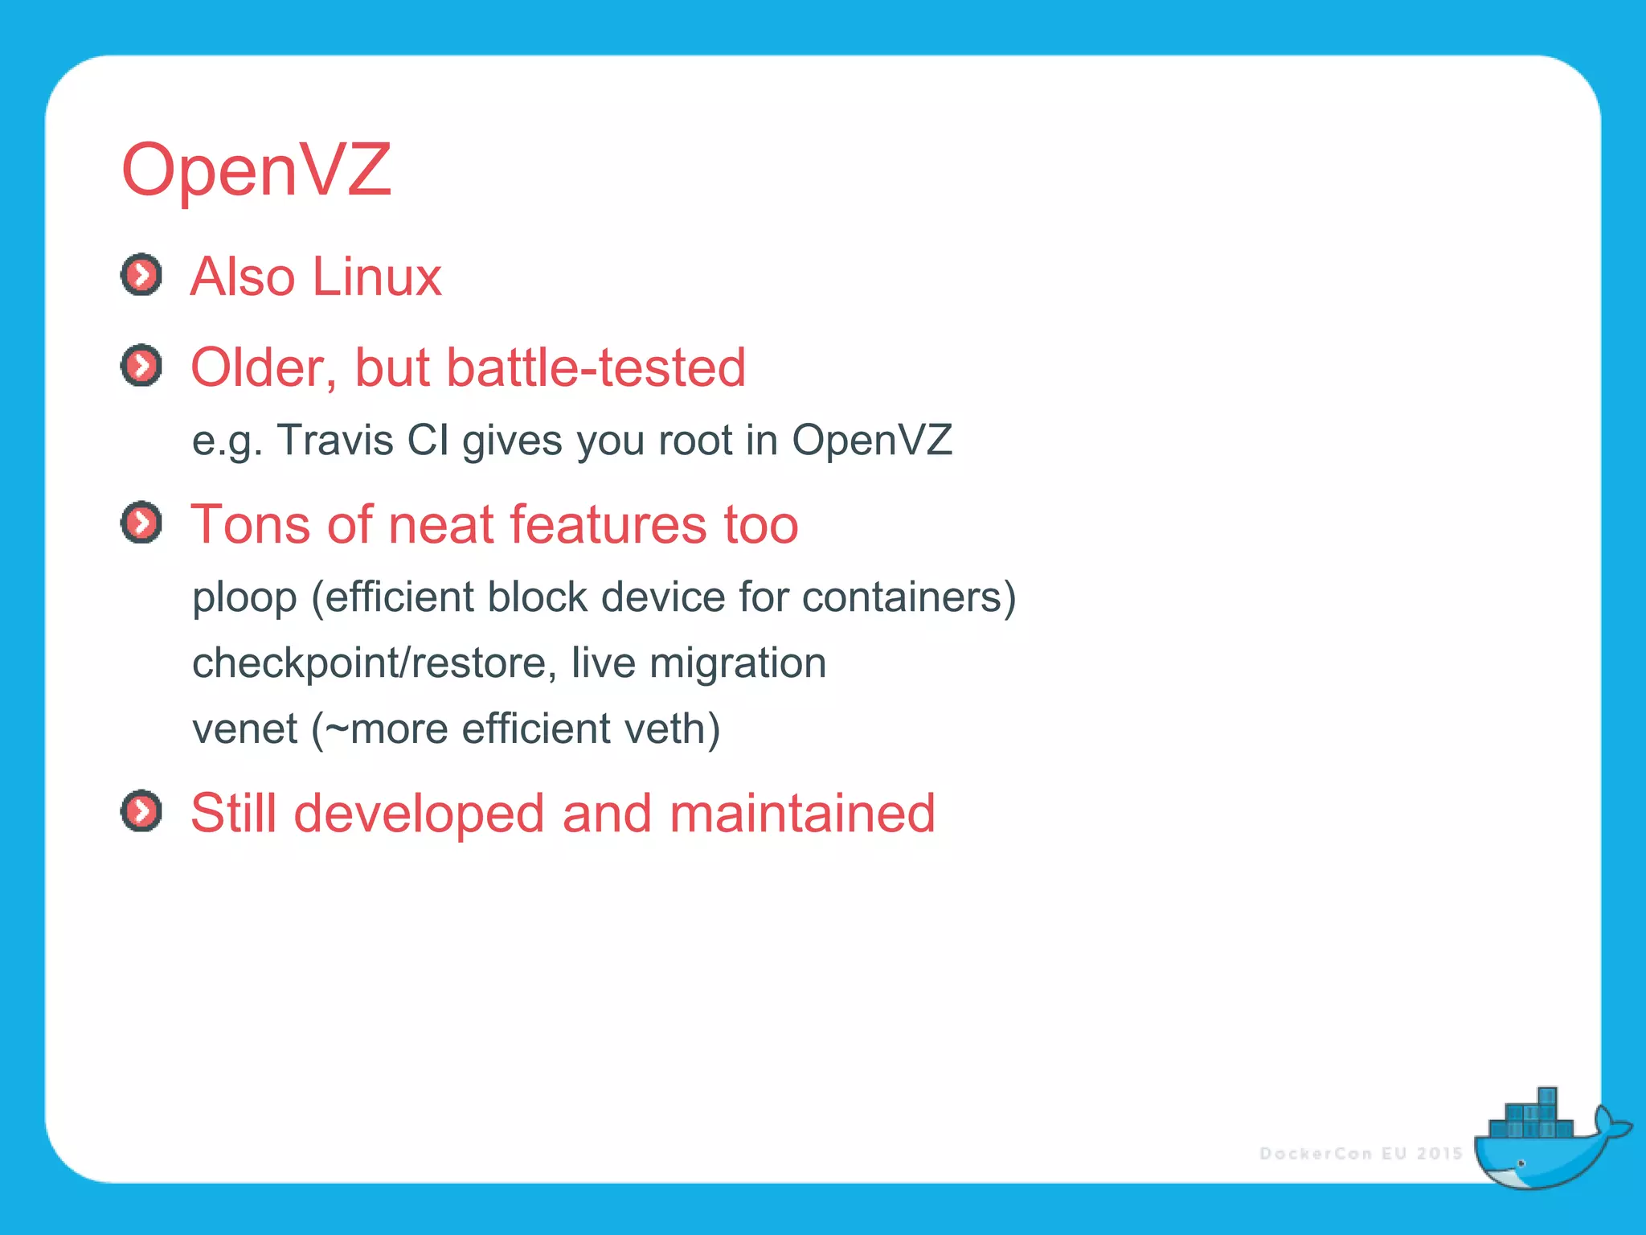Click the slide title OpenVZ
click(256, 170)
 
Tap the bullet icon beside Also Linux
click(141, 275)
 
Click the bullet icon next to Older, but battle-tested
click(141, 366)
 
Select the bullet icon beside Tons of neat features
click(141, 523)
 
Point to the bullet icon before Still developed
click(141, 810)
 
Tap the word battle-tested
click(596, 367)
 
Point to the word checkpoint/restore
click(375, 663)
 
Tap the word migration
click(738, 663)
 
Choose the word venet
click(244, 729)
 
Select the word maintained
click(802, 813)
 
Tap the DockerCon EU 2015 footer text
click(1361, 1154)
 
